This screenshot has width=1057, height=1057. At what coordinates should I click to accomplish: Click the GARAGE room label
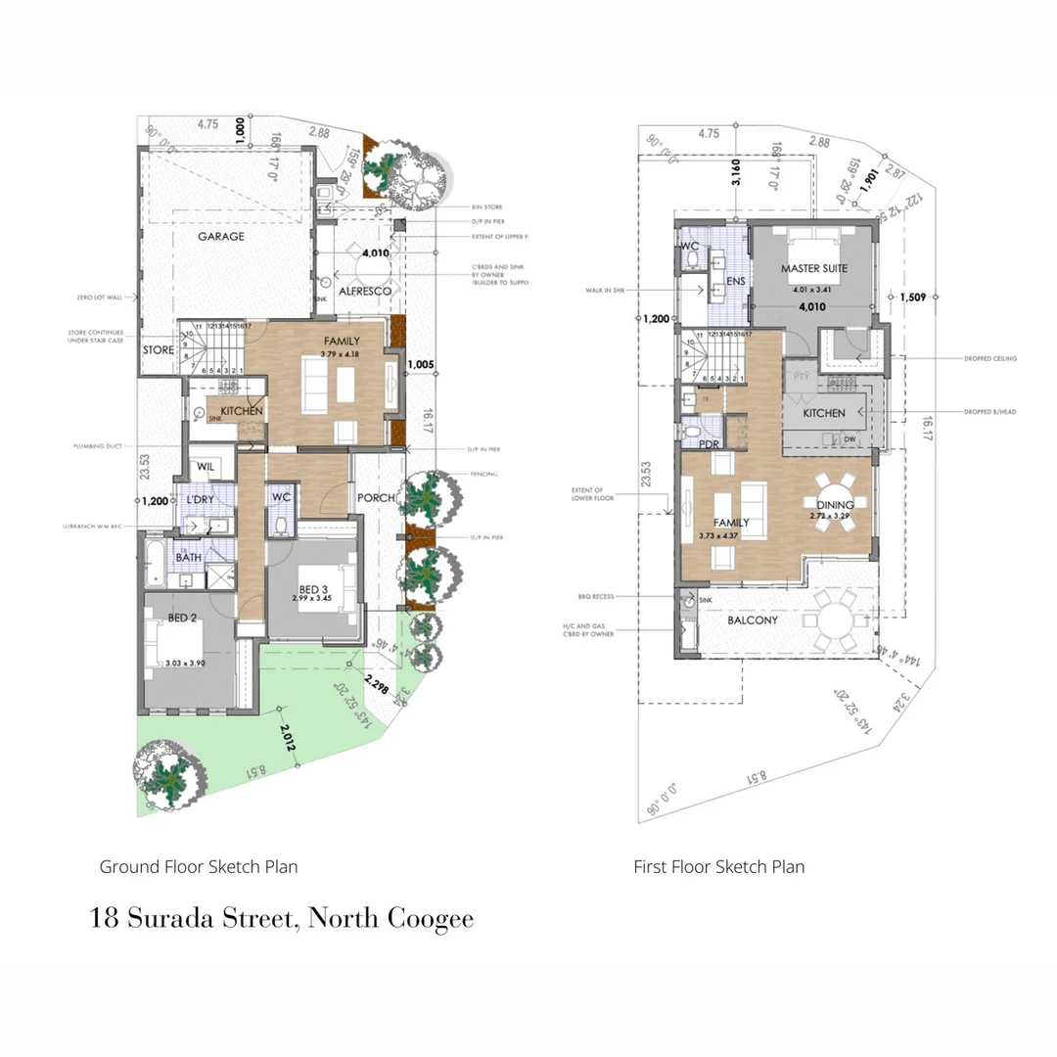[221, 237]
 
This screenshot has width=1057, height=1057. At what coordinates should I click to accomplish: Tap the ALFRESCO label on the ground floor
[365, 292]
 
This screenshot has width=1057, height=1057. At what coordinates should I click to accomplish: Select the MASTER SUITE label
[813, 268]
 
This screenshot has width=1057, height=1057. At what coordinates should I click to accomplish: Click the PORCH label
[377, 498]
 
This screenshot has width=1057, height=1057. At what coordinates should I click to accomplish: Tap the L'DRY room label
[200, 500]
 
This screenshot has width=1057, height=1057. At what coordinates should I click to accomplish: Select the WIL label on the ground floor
[206, 467]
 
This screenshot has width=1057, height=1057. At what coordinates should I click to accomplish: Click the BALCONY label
[752, 620]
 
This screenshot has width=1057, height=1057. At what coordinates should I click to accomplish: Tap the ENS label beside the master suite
[736, 282]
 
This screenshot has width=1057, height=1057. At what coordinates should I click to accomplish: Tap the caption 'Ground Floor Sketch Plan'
[199, 866]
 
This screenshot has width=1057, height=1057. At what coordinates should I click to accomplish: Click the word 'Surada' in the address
[198, 919]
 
